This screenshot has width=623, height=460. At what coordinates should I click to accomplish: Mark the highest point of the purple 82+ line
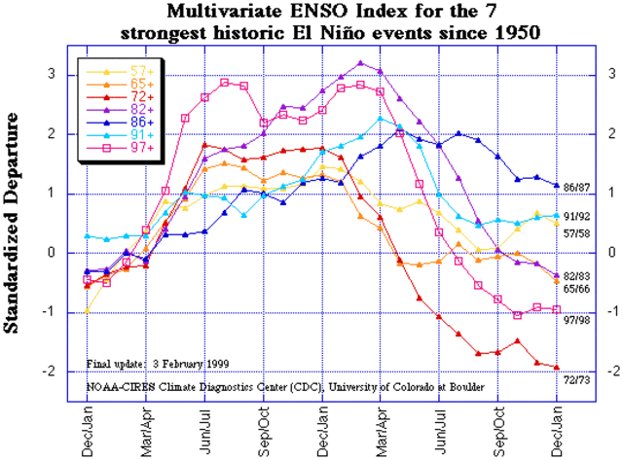(361, 63)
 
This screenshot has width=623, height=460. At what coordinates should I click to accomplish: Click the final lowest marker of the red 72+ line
(558, 368)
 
